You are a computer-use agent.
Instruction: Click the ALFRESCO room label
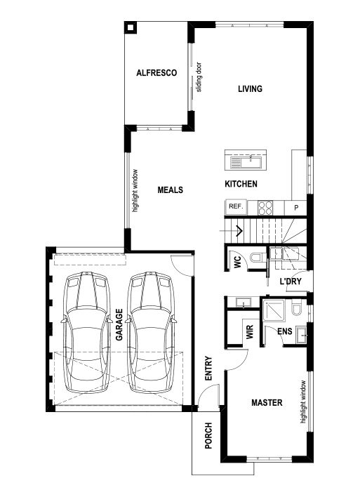(155, 73)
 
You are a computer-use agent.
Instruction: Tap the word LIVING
(250, 89)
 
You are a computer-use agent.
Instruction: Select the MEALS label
(170, 190)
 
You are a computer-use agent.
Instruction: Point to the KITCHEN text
(241, 185)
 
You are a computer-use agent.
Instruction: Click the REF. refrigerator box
(235, 207)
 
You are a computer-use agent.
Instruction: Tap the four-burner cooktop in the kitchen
(265, 207)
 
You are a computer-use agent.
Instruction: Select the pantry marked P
(296, 208)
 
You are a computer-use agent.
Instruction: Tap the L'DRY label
(290, 281)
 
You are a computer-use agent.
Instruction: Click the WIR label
(249, 331)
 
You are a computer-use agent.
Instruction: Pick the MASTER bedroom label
(267, 403)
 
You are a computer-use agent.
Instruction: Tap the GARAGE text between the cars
(119, 324)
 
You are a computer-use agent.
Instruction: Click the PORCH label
(208, 436)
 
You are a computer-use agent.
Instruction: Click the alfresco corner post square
(131, 28)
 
